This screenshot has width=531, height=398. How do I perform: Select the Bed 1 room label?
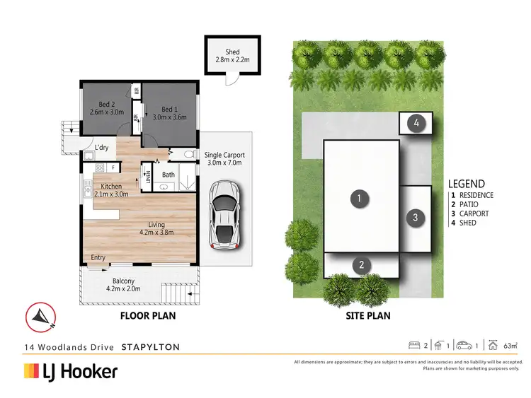tap(169, 114)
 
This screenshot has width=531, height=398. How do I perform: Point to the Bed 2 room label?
tap(106, 108)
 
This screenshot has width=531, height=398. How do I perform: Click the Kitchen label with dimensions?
tap(110, 189)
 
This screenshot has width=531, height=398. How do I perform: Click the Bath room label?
tap(168, 175)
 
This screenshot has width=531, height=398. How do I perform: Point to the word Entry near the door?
tap(98, 258)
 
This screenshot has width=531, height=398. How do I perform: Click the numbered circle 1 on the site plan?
tap(360, 199)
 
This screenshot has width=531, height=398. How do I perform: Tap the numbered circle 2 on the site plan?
tap(361, 265)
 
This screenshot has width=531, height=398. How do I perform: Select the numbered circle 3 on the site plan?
tap(416, 218)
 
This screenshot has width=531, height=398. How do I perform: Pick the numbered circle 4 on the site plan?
tap(417, 123)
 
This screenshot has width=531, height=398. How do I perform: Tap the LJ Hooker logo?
tap(71, 371)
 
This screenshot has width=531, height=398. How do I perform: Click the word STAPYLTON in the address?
tap(150, 347)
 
